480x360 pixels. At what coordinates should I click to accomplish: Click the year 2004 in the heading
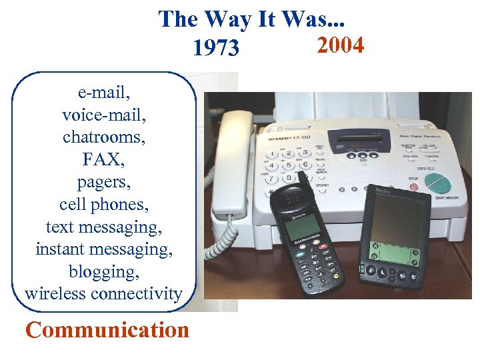[340, 45]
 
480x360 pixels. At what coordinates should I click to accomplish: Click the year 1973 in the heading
[215, 48]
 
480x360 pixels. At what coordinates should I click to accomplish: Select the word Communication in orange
[107, 330]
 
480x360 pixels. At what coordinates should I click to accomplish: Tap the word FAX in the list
[103, 159]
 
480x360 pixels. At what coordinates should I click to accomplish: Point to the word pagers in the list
[103, 181]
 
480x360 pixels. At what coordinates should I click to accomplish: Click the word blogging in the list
[103, 271]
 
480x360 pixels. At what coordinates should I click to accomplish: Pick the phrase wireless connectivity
[103, 293]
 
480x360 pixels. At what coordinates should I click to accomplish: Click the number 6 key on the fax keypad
[305, 165]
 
